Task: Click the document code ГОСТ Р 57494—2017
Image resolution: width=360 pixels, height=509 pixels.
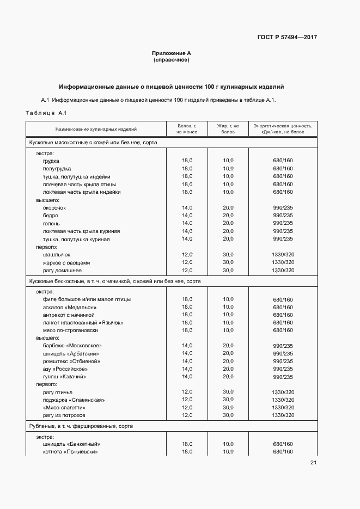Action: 286,38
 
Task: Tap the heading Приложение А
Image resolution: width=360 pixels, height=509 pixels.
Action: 172,53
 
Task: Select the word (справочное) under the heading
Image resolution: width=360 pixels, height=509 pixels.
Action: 172,59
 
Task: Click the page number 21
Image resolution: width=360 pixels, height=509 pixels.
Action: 313,463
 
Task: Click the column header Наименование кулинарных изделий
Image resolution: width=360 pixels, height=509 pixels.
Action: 96,129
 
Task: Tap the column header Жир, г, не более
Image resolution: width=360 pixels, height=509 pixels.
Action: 228,129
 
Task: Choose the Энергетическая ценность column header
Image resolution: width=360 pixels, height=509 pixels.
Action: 283,129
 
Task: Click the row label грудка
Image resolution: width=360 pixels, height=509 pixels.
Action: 51,161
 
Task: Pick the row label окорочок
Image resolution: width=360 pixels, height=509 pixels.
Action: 54,208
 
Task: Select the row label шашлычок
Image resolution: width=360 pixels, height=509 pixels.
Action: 57,255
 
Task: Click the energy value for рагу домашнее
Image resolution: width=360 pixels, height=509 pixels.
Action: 283,271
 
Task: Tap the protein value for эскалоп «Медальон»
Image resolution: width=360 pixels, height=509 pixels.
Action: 187,307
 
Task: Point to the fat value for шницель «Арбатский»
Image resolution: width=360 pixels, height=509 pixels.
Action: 228,354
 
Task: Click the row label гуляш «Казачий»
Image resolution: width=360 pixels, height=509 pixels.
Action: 65,377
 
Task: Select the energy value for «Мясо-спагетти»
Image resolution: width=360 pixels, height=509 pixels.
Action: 283,408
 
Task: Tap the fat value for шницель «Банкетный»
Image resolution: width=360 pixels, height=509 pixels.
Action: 228,444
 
